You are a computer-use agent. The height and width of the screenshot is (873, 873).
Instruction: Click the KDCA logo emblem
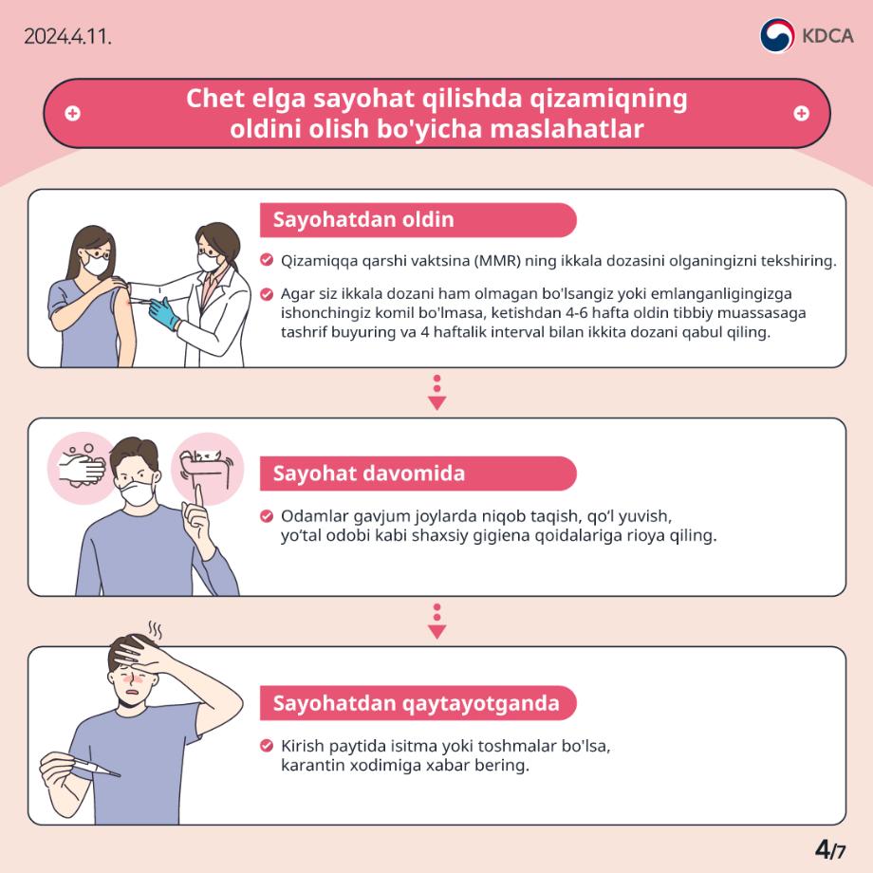(777, 36)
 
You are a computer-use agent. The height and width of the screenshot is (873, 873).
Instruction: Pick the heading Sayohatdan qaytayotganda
(416, 703)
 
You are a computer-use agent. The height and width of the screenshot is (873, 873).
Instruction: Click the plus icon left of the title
(72, 113)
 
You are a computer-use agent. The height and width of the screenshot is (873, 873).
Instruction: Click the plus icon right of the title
(801, 113)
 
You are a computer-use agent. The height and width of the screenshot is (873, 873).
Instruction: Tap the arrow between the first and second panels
(436, 393)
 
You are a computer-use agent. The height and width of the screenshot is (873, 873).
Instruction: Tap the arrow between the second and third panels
(436, 622)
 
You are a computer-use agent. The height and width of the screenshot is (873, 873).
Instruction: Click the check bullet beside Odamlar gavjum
(267, 517)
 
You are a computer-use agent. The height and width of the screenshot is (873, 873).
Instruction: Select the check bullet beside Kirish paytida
(267, 746)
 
